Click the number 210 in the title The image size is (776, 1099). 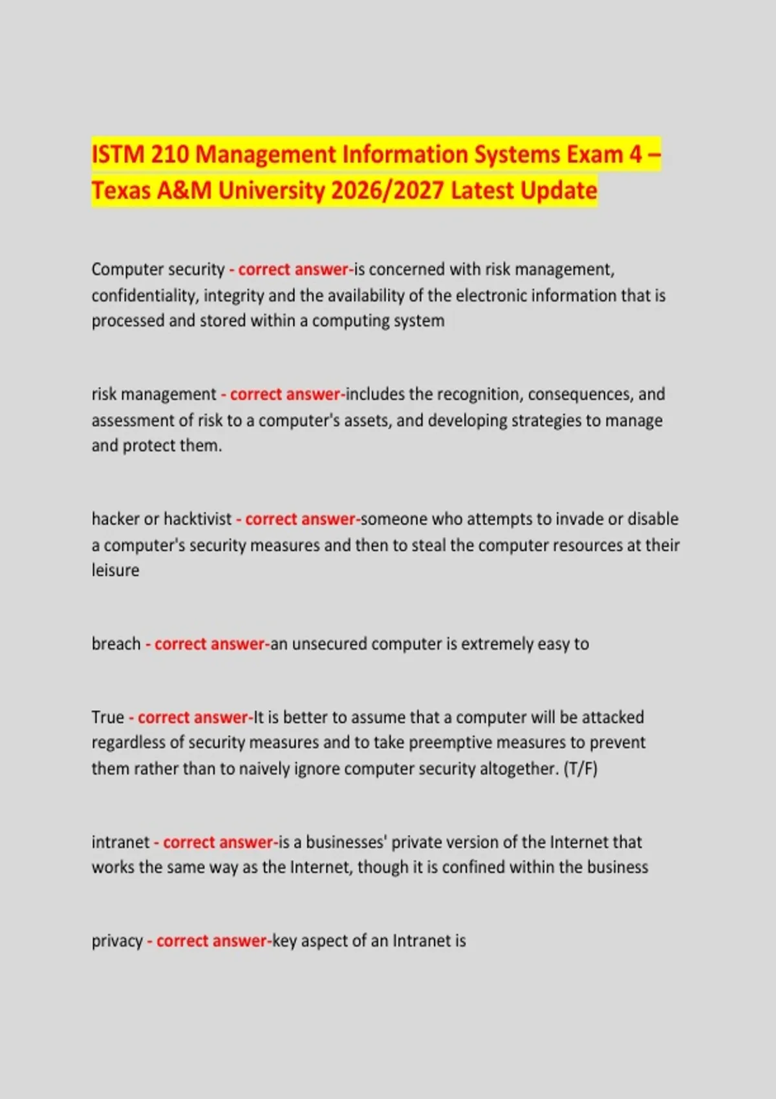[169, 155]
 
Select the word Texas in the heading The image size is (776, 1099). [119, 191]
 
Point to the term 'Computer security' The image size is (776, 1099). [158, 269]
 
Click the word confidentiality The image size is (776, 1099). [145, 295]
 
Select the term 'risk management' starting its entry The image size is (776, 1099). [154, 394]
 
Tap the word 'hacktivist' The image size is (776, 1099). [197, 519]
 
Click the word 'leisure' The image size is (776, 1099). [115, 570]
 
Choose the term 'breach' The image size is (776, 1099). [116, 644]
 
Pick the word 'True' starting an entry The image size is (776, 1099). [107, 718]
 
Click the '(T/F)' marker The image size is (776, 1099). [580, 769]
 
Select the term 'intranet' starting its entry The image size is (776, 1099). [120, 842]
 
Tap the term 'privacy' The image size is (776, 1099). [117, 941]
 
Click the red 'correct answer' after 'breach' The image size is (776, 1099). [210, 644]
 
